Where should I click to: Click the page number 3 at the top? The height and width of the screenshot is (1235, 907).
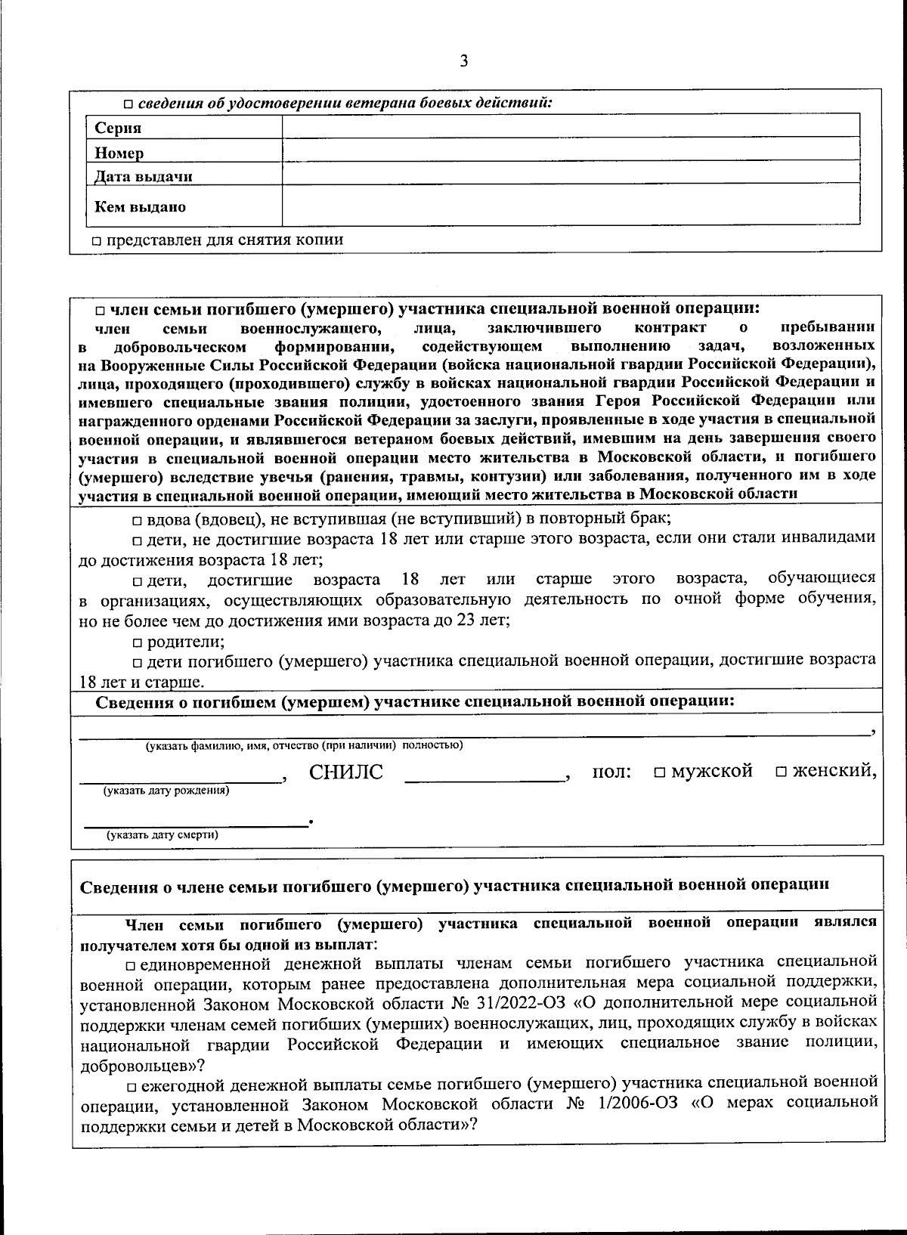click(463, 61)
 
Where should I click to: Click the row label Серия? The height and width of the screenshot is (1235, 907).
click(119, 128)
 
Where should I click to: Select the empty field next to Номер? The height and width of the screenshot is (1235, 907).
click(571, 150)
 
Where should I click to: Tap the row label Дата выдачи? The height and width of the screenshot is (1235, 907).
click(144, 177)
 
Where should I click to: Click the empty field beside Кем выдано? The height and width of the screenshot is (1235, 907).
click(571, 204)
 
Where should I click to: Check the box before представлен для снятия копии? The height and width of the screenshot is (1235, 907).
click(97, 241)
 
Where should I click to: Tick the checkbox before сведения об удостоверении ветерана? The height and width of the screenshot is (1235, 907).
click(128, 104)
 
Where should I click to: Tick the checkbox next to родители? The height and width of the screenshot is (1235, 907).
click(137, 643)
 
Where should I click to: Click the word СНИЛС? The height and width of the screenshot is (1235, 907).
click(346, 772)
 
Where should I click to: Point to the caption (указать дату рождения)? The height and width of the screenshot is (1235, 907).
click(166, 791)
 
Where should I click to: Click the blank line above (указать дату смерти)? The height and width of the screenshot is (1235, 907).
click(195, 823)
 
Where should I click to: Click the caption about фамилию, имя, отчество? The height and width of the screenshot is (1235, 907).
click(304, 745)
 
